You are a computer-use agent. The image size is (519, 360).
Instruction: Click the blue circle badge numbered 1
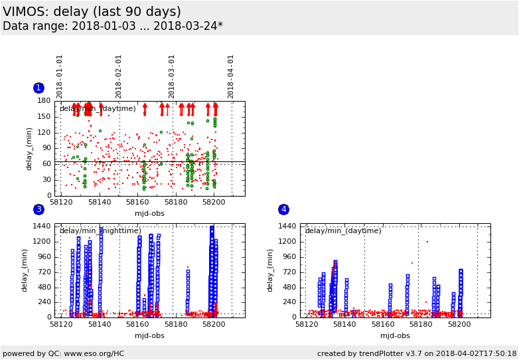[38, 88]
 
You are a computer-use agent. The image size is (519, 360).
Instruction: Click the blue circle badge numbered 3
[38, 209]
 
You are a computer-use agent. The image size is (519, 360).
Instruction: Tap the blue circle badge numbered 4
[283, 209]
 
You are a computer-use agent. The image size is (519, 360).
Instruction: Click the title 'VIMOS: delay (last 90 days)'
[92, 12]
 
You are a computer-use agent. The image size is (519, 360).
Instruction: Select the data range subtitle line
[113, 27]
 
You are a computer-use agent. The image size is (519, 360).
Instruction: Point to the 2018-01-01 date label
[60, 76]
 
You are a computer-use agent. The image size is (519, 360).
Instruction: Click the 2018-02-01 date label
[119, 76]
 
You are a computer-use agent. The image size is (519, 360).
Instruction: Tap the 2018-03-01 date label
[172, 76]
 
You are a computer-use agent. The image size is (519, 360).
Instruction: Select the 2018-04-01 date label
[231, 76]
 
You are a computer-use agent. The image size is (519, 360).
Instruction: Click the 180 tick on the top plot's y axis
[44, 101]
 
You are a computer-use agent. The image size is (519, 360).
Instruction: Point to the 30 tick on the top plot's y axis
[46, 179]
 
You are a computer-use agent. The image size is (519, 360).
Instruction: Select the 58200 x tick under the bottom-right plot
[459, 324]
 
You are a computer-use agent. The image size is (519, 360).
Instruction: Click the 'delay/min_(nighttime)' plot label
[100, 231]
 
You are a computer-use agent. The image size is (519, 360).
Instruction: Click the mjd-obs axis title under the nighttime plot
[149, 335]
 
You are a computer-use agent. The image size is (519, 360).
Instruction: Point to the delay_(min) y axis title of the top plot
[29, 149]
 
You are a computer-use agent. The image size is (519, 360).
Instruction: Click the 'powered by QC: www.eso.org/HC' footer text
[64, 353]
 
